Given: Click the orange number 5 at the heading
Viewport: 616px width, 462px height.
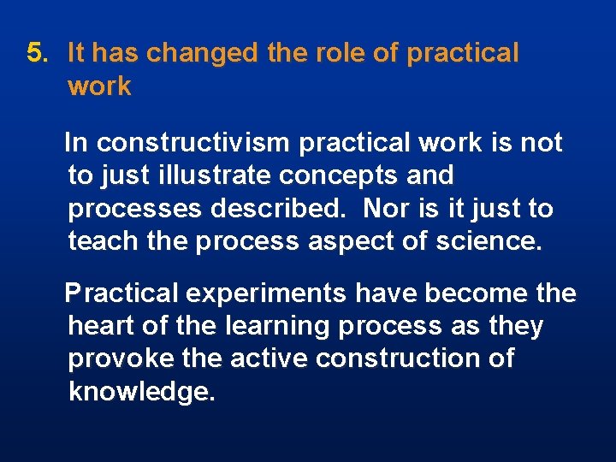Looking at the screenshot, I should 34,53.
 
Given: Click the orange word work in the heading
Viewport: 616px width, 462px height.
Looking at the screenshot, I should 99,86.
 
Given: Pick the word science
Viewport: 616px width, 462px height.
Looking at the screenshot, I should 487,241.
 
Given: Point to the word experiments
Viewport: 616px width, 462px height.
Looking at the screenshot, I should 266,293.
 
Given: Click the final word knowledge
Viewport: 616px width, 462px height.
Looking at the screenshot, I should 141,392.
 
